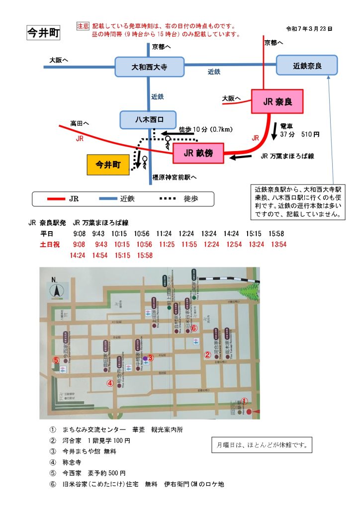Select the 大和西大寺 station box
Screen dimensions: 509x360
[149, 66]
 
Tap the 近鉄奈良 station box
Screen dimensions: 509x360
[307, 65]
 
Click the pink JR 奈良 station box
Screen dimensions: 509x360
[277, 102]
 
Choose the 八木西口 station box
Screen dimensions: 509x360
[149, 120]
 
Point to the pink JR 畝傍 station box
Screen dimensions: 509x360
[198, 153]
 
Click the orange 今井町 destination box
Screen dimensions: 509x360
[108, 165]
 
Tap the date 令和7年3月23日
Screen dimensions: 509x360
[309, 29]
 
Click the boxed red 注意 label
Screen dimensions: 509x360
[83, 25]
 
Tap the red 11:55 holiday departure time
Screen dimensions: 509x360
[189, 244]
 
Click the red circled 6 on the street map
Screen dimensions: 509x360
[194, 328]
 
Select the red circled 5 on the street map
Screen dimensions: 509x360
[56, 360]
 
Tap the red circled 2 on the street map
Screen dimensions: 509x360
[207, 354]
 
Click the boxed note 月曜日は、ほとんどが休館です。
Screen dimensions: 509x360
[262, 444]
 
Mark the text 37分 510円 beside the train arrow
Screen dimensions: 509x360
[299, 134]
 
